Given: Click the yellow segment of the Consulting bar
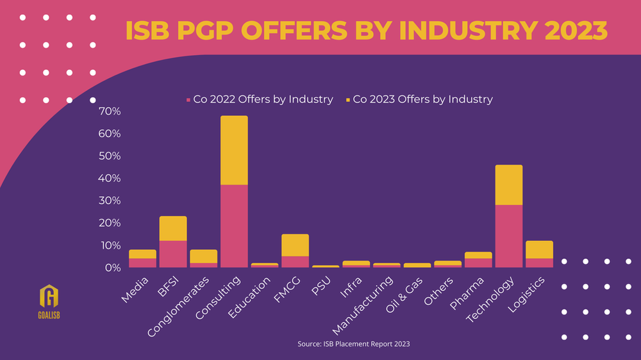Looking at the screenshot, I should (x=234, y=150).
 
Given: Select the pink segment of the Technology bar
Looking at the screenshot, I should (x=508, y=236).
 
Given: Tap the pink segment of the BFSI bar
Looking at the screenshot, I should (x=173, y=254).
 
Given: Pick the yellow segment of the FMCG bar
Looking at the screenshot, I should (x=295, y=245).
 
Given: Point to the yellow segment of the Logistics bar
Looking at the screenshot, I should (x=539, y=249).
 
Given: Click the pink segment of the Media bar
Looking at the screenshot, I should (x=142, y=263).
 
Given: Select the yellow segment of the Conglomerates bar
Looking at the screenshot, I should (x=203, y=256).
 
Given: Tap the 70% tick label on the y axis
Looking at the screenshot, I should (x=110, y=111).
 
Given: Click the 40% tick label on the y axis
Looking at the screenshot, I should (x=110, y=178).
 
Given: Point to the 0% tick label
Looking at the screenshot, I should (x=112, y=267).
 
